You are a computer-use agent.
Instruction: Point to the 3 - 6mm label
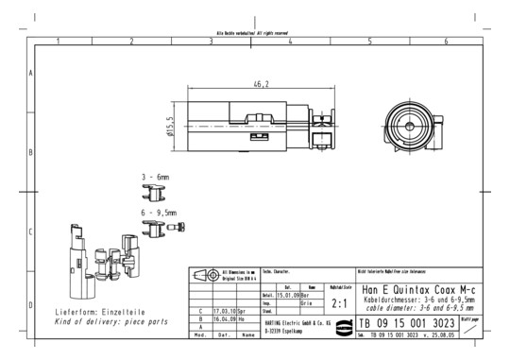point(156,177)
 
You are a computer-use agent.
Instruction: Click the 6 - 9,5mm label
point(159,214)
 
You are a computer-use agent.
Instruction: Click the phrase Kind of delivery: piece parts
point(111,321)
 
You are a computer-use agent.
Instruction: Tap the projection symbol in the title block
point(205,274)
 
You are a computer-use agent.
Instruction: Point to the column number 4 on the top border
point(290,42)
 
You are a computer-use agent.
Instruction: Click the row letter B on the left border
point(32,151)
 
